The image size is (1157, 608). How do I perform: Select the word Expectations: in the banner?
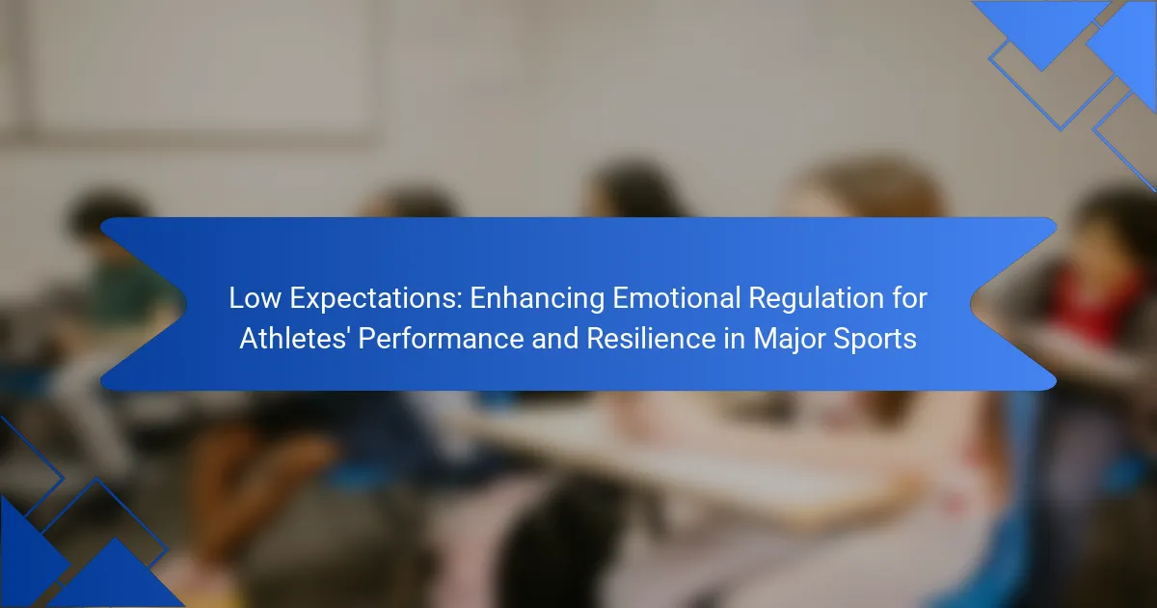point(375,299)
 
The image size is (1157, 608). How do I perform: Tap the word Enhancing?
point(537,299)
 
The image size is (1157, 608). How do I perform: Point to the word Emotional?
point(676,298)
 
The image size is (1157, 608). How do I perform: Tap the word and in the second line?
point(554,339)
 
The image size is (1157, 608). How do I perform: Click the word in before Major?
point(735,339)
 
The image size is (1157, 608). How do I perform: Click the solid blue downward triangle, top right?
point(1041,26)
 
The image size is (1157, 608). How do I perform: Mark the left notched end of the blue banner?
point(185,304)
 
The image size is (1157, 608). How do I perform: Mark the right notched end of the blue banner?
point(972,304)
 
